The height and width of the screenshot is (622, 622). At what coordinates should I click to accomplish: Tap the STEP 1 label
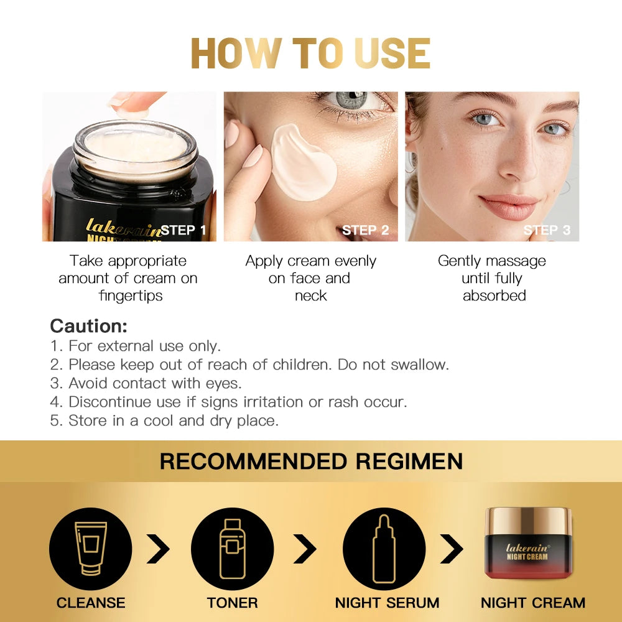click(x=183, y=231)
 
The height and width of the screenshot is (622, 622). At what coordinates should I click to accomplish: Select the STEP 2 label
click(x=365, y=231)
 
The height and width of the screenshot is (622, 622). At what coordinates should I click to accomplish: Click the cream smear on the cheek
click(x=304, y=160)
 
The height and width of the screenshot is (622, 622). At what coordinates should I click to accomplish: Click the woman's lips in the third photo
click(x=508, y=207)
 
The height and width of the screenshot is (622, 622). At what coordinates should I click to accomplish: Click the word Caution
click(x=88, y=326)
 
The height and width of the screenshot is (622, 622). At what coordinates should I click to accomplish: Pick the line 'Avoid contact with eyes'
click(x=146, y=383)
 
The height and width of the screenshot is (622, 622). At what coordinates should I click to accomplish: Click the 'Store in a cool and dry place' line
click(x=164, y=420)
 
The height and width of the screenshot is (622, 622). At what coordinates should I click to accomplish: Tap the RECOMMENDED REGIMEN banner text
click(x=311, y=462)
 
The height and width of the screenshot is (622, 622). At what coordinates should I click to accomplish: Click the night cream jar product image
click(x=528, y=543)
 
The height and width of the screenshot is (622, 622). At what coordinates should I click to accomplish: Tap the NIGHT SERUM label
click(x=387, y=603)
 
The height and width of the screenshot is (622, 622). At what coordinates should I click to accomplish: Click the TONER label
click(x=232, y=603)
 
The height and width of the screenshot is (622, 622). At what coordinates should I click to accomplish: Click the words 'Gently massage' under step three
click(x=491, y=261)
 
